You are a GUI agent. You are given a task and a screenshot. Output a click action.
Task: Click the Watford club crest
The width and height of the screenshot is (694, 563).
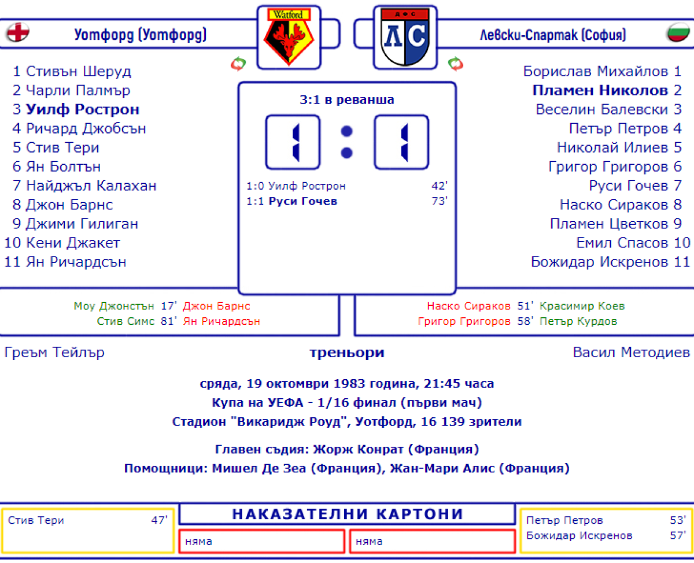tap(288, 37)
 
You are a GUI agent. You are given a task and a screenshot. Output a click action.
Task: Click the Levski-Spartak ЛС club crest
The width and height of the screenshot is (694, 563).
tap(404, 37)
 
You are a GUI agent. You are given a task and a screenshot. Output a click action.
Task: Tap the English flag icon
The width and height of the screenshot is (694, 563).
tap(18, 33)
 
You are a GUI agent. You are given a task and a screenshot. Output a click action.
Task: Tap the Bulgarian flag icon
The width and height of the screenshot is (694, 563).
tap(678, 33)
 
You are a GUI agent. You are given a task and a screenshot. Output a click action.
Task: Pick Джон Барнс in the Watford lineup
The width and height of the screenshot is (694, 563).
tap(69, 205)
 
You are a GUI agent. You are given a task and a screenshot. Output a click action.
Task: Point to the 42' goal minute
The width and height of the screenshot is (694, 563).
tap(439, 186)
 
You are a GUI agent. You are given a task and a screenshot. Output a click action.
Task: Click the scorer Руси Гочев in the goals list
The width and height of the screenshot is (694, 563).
tap(302, 201)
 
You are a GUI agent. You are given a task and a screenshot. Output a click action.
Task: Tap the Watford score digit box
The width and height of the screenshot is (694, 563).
tap(293, 142)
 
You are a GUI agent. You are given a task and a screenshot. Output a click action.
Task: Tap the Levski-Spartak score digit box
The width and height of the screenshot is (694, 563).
tap(401, 142)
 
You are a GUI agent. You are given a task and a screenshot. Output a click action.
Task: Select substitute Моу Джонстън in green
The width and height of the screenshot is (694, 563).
tap(114, 306)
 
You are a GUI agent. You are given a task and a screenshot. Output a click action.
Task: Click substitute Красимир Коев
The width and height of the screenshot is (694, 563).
tap(582, 306)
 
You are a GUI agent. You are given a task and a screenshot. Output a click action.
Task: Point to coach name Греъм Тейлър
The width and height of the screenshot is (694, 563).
tap(54, 353)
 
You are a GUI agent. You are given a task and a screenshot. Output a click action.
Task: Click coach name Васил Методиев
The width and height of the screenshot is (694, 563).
tap(631, 353)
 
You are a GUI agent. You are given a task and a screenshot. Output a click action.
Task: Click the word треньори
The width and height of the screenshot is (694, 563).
tap(346, 353)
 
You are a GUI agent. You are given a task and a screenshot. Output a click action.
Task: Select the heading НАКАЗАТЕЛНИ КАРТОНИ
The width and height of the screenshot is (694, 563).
tap(347, 514)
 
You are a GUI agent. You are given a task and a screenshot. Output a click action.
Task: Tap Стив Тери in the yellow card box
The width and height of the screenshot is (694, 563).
tap(36, 520)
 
